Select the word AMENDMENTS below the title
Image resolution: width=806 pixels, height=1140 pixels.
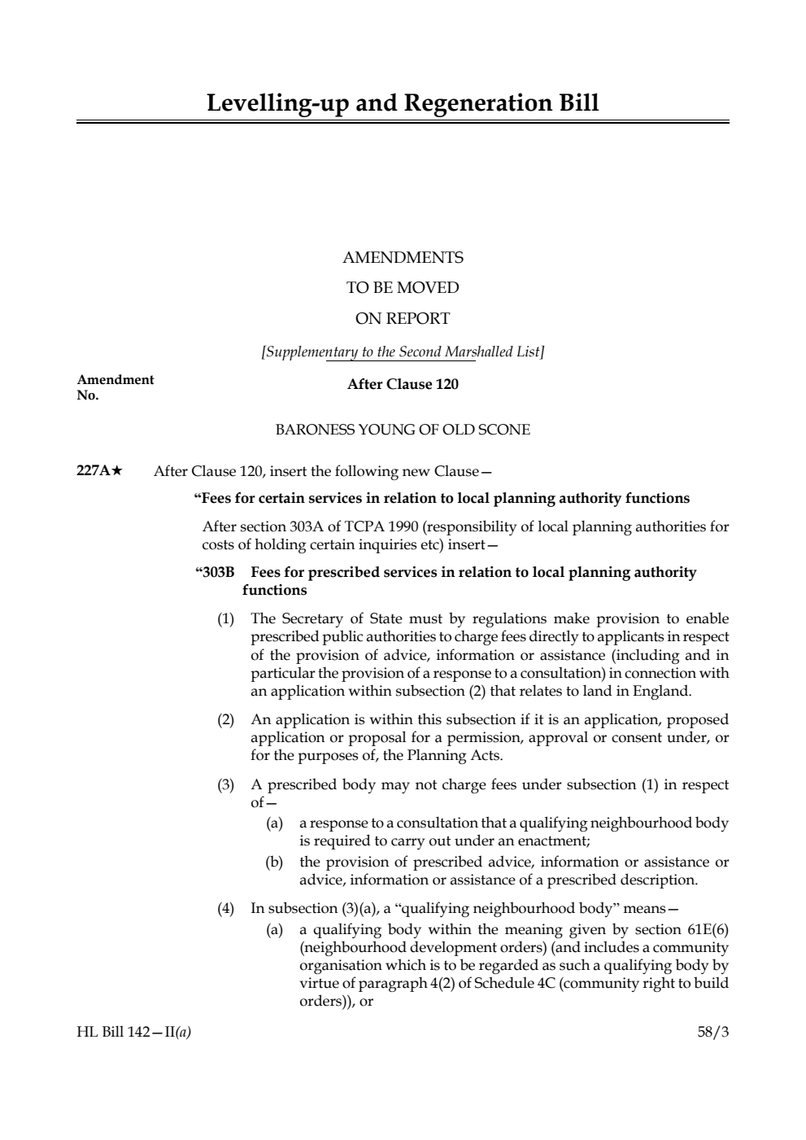click(403, 258)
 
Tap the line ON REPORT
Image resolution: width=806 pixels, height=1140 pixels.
click(403, 318)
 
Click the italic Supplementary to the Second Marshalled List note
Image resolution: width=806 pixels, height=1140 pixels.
click(403, 352)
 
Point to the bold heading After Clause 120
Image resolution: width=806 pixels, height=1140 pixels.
click(403, 384)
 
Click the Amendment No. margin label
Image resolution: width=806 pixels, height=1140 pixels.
click(115, 387)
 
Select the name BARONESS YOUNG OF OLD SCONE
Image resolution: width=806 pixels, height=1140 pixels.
click(403, 430)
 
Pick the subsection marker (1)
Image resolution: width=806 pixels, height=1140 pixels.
click(225, 619)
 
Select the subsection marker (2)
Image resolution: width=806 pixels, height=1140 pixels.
click(225, 719)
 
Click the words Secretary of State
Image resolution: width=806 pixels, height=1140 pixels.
click(329, 619)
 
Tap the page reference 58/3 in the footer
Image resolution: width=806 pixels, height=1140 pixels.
click(713, 1033)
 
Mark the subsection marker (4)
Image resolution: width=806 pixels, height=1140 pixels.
click(225, 908)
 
